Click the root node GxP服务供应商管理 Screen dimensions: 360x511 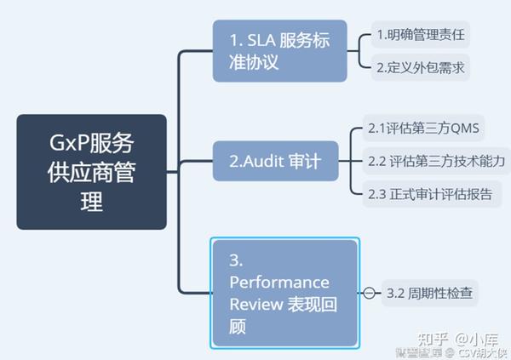click(x=91, y=172)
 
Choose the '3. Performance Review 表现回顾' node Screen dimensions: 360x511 click(x=284, y=292)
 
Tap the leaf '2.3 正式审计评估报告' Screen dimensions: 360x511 click(x=429, y=193)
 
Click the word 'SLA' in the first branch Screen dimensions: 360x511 click(x=259, y=38)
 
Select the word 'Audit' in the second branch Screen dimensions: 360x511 click(x=265, y=160)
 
